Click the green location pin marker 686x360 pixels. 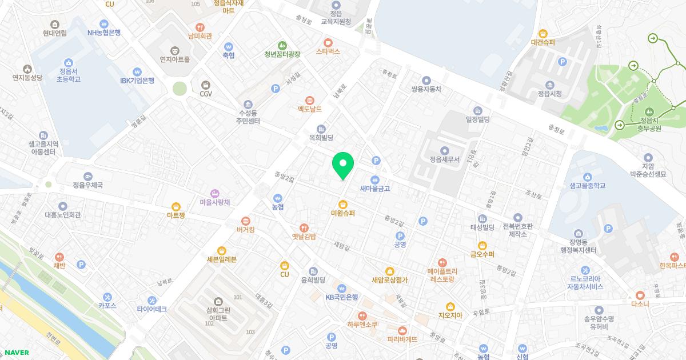pyautogui.click(x=343, y=165)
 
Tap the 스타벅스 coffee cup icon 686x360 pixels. pyautogui.click(x=328, y=42)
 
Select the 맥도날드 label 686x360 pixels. pyautogui.click(x=310, y=109)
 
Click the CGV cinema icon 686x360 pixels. pyautogui.click(x=206, y=85)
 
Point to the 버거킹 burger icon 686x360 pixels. pyautogui.click(x=246, y=221)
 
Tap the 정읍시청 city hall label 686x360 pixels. pyautogui.click(x=549, y=94)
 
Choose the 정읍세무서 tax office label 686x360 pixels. pyautogui.click(x=445, y=159)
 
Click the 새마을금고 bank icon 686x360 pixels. pyautogui.click(x=375, y=179)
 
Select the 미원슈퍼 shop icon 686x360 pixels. pyautogui.click(x=343, y=204)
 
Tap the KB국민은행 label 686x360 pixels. pyautogui.click(x=342, y=297)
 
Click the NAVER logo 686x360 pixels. pyautogui.click(x=16, y=353)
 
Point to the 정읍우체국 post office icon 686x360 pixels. pyautogui.click(x=87, y=177)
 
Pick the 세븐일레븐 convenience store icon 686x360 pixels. pyautogui.click(x=222, y=250)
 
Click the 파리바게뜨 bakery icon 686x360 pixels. pyautogui.click(x=402, y=330)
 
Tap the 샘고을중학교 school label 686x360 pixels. pyautogui.click(x=588, y=186)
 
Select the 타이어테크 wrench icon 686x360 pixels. pyautogui.click(x=151, y=300)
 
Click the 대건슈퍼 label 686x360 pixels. pyautogui.click(x=543, y=42)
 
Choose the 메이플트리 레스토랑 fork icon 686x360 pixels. pyautogui.click(x=441, y=262)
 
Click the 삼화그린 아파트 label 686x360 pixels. pyautogui.click(x=218, y=313)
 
